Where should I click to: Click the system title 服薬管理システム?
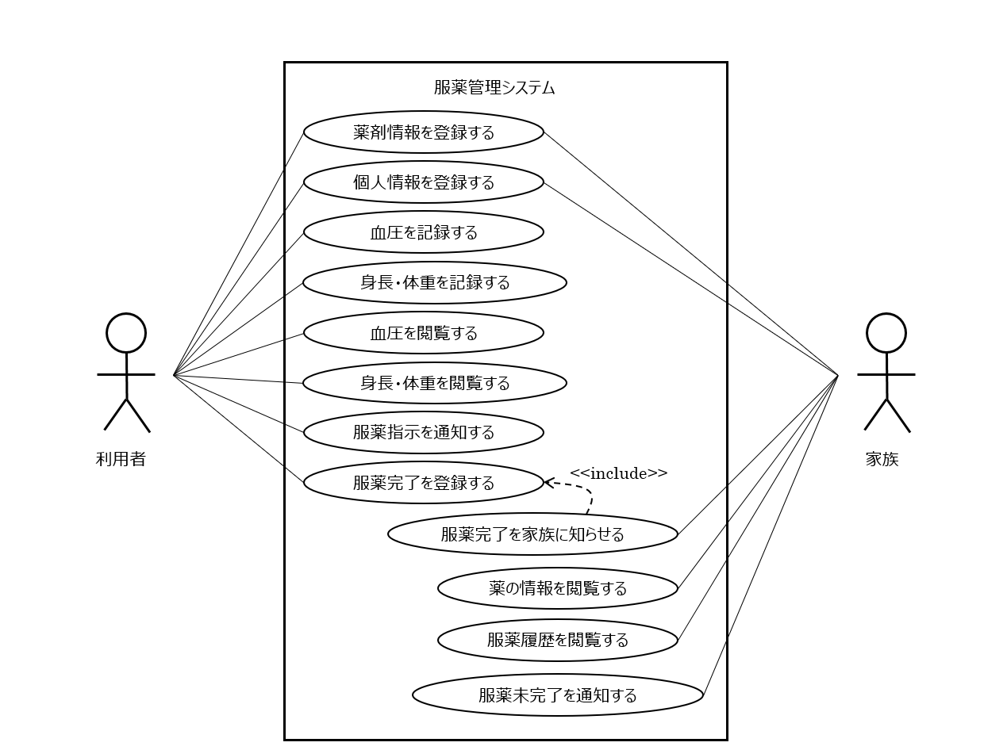494,87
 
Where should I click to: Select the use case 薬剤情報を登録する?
423,132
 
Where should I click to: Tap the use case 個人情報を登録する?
423,182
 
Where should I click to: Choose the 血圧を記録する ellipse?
423,232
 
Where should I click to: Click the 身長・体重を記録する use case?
434,282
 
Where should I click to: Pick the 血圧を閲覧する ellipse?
423,333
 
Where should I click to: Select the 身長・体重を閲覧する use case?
434,383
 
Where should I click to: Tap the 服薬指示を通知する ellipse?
423,433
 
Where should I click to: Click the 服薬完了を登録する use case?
423,483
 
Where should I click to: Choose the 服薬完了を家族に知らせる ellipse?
532,534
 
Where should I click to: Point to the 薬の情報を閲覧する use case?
557,588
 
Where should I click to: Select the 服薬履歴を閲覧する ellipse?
557,640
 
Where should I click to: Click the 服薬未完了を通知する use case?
557,695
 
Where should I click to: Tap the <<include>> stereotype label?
618,473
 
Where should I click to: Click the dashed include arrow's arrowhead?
548,482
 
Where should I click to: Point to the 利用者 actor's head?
126,333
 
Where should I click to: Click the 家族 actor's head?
886,333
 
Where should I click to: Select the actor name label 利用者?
121,459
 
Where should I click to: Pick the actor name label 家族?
882,459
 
